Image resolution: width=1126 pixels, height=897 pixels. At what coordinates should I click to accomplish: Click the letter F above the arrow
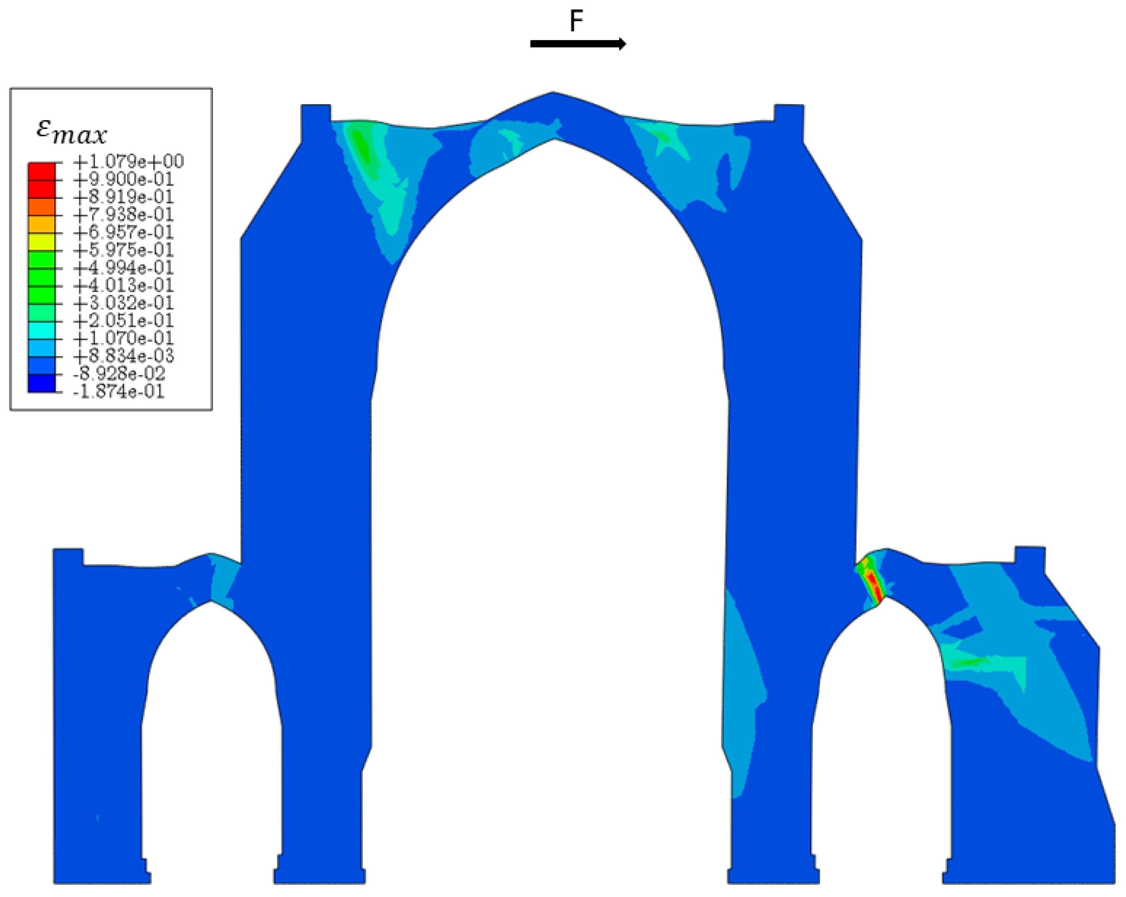click(x=576, y=21)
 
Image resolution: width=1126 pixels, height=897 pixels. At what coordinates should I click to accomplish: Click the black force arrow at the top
click(x=578, y=43)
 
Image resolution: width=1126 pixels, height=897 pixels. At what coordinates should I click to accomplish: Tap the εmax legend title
click(x=72, y=132)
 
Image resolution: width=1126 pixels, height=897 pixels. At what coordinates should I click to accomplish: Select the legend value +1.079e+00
click(x=128, y=161)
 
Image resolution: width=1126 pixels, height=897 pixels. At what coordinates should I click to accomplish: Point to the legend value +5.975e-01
click(x=123, y=249)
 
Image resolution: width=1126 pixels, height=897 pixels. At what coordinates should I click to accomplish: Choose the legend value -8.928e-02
click(x=119, y=373)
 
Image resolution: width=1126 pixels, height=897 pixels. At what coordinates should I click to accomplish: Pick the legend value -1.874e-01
click(x=119, y=391)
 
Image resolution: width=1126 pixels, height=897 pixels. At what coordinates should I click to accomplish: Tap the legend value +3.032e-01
click(x=123, y=303)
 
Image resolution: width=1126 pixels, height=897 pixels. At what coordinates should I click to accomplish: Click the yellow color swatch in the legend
click(x=41, y=242)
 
